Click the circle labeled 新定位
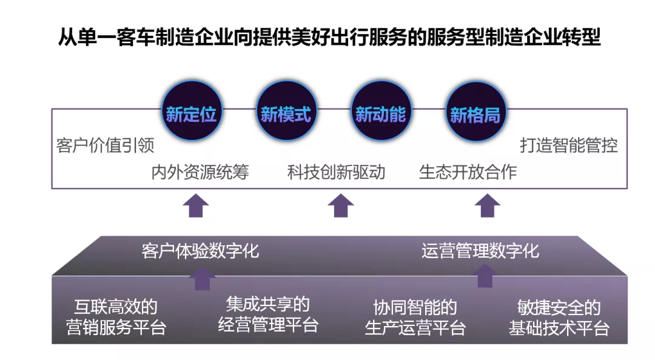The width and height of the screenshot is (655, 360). pos(192,113)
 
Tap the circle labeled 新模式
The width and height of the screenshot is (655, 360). pos(286,113)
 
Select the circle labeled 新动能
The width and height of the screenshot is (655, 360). pos(381,113)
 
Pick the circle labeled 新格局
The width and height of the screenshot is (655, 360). pos(475,113)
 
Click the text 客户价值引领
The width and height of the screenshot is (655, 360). pos(106,145)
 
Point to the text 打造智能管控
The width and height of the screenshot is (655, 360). pos(569,145)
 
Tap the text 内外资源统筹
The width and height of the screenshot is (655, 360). pos(200,172)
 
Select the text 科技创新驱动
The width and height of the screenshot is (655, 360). pos(337,172)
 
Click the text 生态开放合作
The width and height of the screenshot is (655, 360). pos(468,172)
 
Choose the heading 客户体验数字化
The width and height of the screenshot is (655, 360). pos(201,251)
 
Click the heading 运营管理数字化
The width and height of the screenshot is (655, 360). pos(480,251)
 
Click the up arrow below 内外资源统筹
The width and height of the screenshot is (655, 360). pos(196,206)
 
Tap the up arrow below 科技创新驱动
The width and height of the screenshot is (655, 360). pos(341,206)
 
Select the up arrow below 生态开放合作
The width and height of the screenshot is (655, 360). pos(487,206)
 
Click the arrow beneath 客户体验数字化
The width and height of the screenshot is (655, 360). pos(203,278)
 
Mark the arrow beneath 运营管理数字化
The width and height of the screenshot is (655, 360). pos(484,276)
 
